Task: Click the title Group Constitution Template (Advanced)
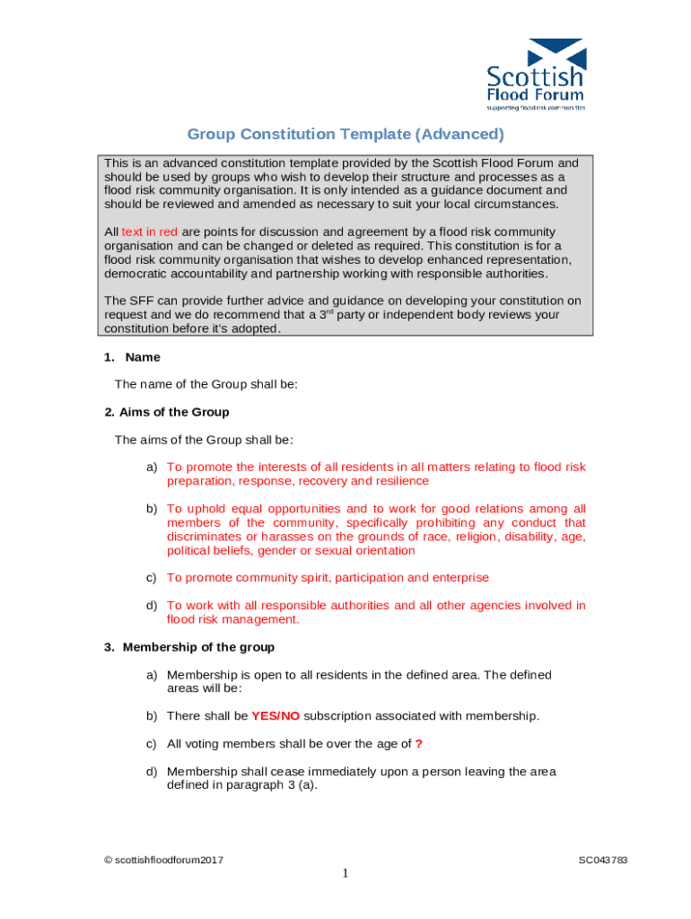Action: (x=345, y=135)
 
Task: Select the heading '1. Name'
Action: (x=132, y=357)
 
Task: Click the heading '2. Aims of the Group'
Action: (x=167, y=412)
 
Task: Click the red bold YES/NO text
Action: (x=276, y=716)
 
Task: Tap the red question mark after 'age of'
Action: (x=419, y=744)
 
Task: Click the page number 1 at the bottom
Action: (x=345, y=873)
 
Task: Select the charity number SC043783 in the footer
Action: (x=602, y=861)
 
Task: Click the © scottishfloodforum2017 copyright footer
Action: (x=163, y=861)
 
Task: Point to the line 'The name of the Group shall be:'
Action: (x=206, y=384)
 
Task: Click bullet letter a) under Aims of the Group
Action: (x=153, y=468)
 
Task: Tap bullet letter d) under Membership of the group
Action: (x=153, y=772)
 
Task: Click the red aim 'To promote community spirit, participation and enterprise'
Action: (x=328, y=578)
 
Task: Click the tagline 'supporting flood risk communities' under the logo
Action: (x=536, y=107)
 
